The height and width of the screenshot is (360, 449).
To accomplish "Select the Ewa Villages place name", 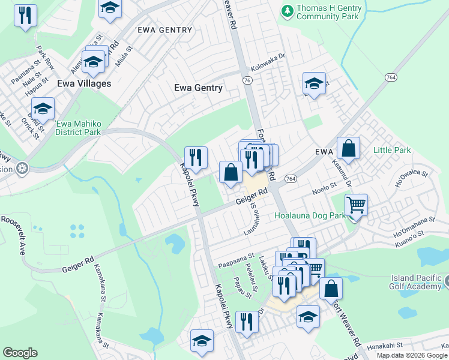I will click(84, 83).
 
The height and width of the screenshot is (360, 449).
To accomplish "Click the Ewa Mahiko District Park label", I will click(78, 128).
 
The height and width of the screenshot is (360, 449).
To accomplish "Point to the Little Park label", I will click(392, 150).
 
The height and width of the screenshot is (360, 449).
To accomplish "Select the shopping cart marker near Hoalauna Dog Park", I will click(357, 205).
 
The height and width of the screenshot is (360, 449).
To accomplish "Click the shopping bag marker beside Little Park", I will click(348, 148).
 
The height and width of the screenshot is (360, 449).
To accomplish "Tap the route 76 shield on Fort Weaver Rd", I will click(247, 80).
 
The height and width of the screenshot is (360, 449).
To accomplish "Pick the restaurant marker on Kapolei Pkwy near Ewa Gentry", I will click(196, 158).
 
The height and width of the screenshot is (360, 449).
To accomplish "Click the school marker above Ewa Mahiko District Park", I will click(43, 109).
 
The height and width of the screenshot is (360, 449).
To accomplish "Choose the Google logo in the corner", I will click(20, 353).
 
